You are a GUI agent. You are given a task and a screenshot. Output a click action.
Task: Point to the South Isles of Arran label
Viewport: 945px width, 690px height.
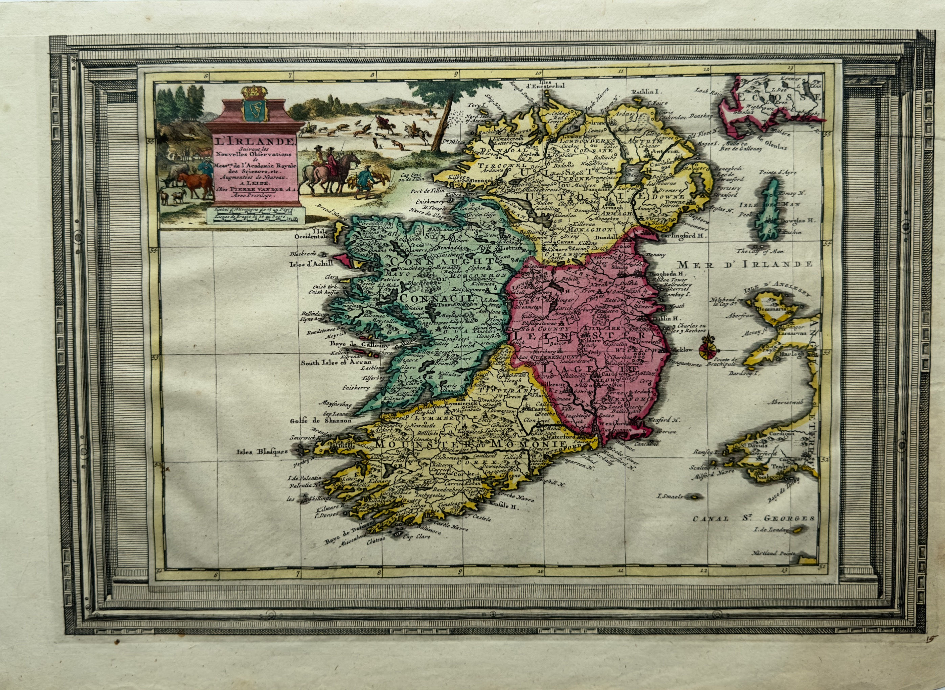[x=336, y=363]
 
